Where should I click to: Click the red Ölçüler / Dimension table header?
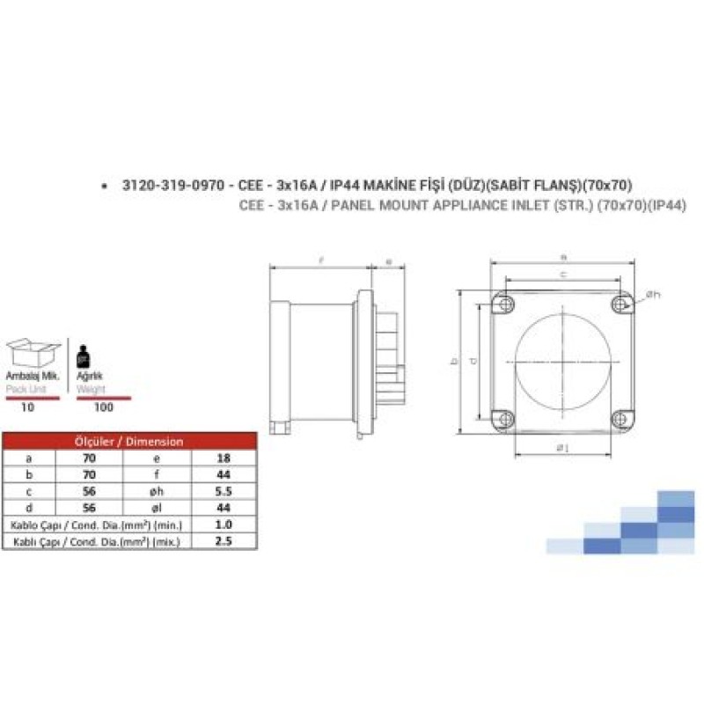[x=129, y=442]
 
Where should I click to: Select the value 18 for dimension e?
[x=223, y=458]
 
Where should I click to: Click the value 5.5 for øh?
[x=223, y=491]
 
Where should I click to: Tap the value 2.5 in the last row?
[x=223, y=543]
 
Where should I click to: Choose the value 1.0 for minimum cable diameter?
[x=223, y=524]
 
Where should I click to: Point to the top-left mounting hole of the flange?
[x=505, y=304]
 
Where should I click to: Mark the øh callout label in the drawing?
[x=652, y=294]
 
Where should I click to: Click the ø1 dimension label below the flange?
[x=564, y=450]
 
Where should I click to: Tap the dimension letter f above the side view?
[x=322, y=260]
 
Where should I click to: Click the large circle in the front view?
[x=564, y=361]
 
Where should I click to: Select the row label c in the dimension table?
[x=29, y=491]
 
